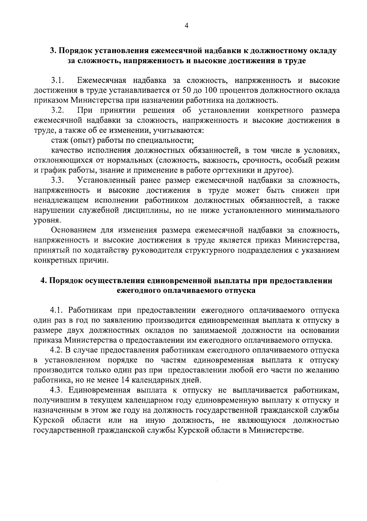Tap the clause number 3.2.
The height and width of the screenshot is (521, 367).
(x=57, y=110)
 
